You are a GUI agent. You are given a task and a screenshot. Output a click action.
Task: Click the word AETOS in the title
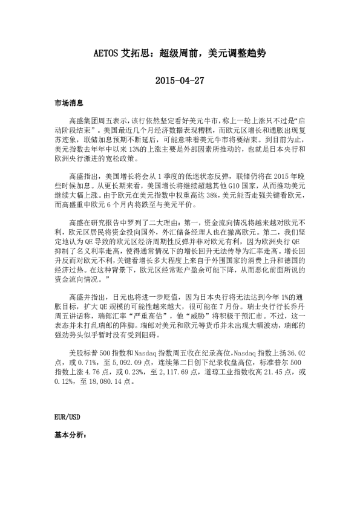coord(109,54)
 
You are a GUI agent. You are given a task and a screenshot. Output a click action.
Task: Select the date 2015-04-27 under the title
coord(180,80)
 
